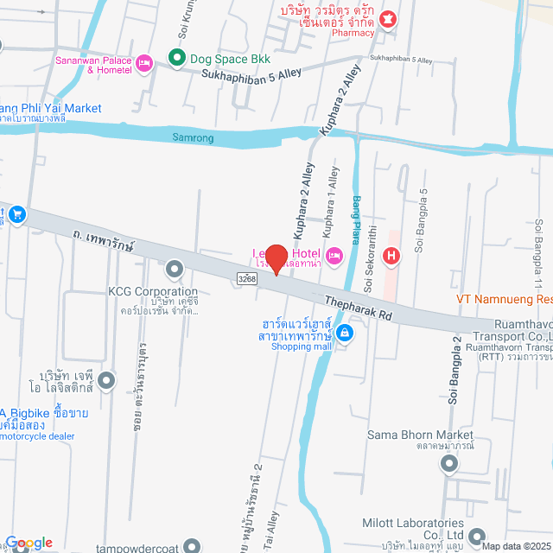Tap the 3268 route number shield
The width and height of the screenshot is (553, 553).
click(246, 277)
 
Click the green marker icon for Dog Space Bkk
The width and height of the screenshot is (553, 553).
click(177, 59)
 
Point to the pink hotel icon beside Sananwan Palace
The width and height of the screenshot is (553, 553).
click(144, 62)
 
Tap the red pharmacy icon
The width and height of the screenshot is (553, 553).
click(388, 17)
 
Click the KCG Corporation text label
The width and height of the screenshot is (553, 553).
click(152, 292)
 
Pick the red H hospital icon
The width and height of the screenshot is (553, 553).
click(391, 256)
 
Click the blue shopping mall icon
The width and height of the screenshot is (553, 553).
click(344, 333)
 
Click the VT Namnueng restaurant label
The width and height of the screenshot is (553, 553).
click(505, 299)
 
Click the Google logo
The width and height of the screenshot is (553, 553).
click(28, 543)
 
